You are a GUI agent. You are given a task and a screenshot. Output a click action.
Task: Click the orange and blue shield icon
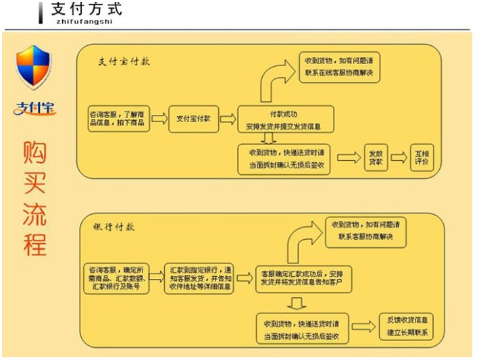(34, 66)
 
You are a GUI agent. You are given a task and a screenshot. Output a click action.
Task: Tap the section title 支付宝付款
(124, 61)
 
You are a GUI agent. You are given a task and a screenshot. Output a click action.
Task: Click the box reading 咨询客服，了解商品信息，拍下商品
(117, 119)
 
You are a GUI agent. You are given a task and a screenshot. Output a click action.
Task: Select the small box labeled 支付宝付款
(194, 119)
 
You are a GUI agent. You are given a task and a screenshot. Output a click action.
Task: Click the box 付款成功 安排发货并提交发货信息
(284, 120)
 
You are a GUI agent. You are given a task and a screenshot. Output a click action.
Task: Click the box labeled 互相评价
(422, 157)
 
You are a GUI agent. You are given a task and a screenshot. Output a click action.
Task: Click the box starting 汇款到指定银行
(199, 278)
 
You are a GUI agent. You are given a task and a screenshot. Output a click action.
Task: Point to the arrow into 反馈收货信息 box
(363, 326)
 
